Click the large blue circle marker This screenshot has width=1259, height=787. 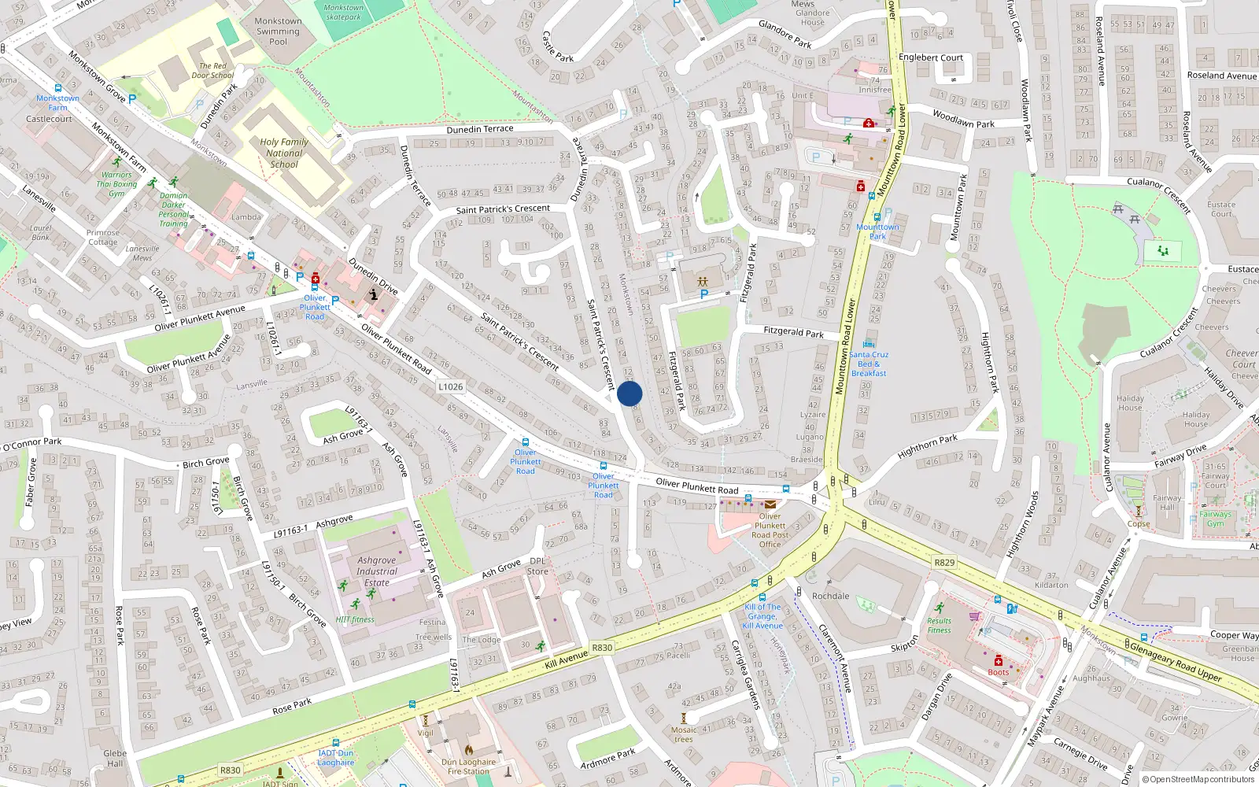click(629, 393)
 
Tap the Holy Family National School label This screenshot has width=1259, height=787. click(284, 153)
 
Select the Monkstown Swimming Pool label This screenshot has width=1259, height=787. click(278, 31)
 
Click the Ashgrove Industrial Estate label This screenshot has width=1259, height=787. click(377, 571)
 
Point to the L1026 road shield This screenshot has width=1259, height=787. click(451, 386)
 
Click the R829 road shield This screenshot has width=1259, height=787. click(944, 562)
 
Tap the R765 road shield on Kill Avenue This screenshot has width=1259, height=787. click(602, 648)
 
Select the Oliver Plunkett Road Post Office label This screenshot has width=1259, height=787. click(770, 530)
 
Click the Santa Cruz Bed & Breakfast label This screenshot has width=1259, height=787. click(869, 364)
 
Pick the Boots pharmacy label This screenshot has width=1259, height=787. click(998, 672)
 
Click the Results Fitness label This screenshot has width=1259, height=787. click(939, 625)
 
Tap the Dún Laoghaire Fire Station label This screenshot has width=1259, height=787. click(468, 767)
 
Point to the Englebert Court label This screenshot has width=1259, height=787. click(931, 57)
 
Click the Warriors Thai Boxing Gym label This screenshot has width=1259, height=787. click(116, 184)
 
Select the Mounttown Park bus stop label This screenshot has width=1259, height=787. click(877, 231)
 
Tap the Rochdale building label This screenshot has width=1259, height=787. click(830, 596)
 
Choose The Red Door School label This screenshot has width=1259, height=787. click(212, 71)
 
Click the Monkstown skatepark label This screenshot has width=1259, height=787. click(344, 12)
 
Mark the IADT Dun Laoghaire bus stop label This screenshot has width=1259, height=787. click(336, 758)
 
